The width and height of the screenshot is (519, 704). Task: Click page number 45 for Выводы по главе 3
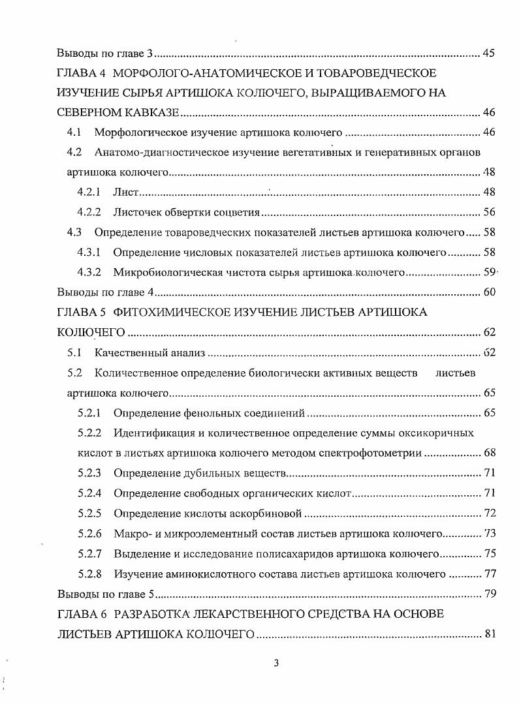click(488, 53)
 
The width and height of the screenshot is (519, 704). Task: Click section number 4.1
click(74, 132)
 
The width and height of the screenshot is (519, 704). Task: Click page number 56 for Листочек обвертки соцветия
click(488, 212)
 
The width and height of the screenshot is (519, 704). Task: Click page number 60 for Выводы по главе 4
click(488, 292)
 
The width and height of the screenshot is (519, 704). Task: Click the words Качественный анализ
click(150, 353)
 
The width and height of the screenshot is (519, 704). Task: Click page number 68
click(488, 453)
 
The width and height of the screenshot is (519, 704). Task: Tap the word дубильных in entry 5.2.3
click(200, 473)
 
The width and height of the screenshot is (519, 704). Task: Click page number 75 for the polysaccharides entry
click(488, 554)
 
